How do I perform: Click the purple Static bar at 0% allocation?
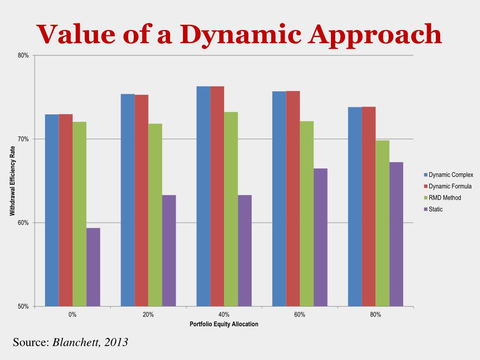(x=93, y=267)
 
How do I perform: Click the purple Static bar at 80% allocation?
(x=396, y=234)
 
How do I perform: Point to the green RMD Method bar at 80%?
(x=382, y=223)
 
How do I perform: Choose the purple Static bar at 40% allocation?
(x=245, y=250)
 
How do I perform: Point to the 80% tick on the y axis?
(x=23, y=55)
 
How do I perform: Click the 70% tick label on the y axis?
(x=23, y=139)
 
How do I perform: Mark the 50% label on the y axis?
(x=23, y=307)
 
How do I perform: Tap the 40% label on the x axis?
(x=224, y=315)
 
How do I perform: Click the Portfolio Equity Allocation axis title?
(x=224, y=324)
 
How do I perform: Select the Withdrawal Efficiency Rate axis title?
(x=13, y=181)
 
